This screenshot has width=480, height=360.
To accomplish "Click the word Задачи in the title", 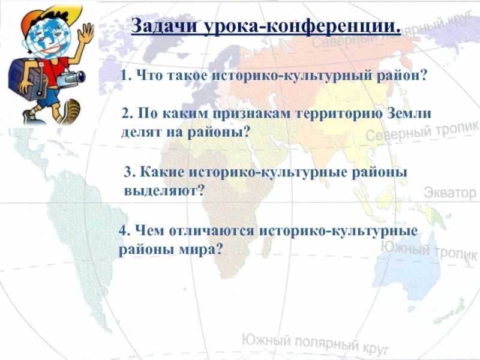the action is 164,26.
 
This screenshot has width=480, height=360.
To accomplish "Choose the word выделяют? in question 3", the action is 164,191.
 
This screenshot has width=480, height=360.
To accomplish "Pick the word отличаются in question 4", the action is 211,231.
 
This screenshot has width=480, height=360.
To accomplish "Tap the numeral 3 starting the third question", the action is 128,172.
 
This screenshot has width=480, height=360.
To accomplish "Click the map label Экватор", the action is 450,193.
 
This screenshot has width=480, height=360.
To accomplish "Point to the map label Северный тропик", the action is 422,131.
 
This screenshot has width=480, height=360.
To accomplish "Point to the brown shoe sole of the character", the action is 73,112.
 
